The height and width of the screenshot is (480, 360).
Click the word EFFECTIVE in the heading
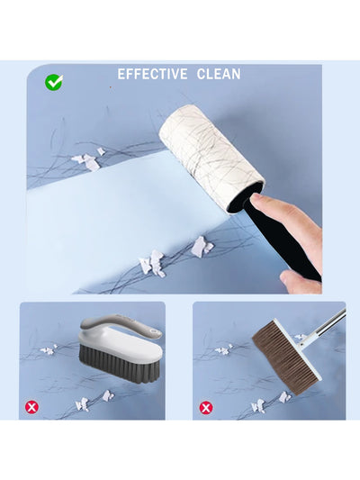coord(152,75)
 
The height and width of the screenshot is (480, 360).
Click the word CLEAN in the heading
coord(219,75)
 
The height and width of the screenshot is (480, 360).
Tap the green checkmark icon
coord(54,82)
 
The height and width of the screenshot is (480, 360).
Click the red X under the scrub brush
coord(31,407)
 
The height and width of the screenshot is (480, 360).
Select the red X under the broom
coord(206,407)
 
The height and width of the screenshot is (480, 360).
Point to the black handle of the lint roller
coord(283,239)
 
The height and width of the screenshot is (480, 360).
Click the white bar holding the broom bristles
coord(297,349)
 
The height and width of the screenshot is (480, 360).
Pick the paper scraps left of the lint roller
coord(89,159)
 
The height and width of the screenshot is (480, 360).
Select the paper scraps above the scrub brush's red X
coord(94,401)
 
